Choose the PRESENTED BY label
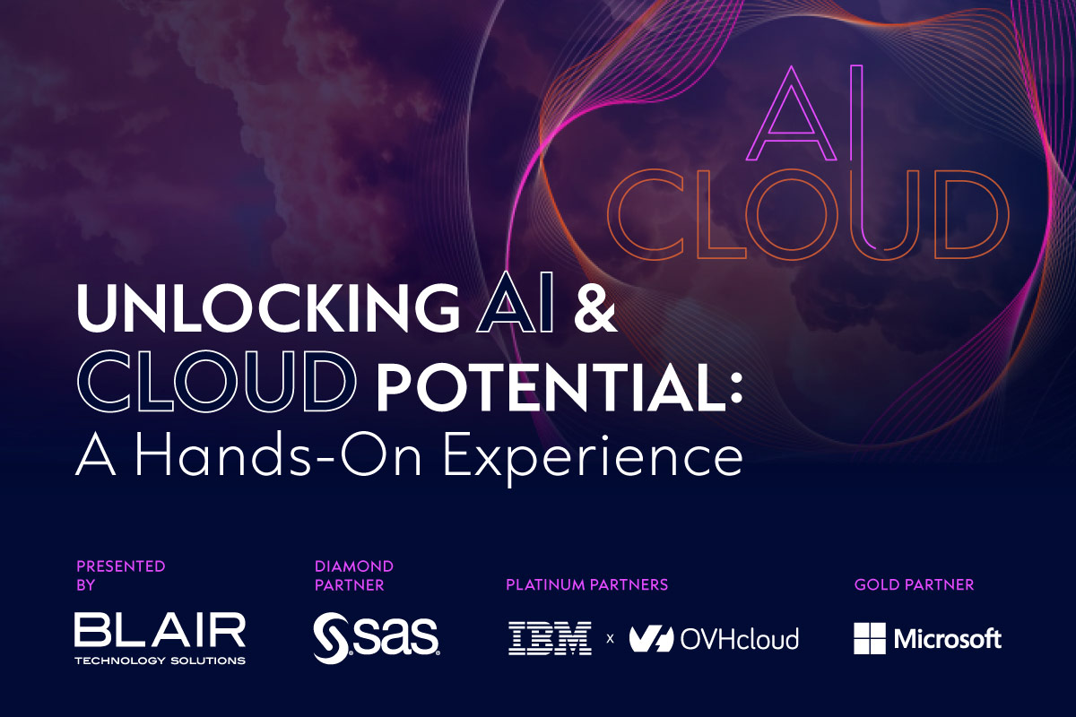tap(120, 575)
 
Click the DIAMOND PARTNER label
tap(353, 575)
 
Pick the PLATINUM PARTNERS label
tap(586, 585)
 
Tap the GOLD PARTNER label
tap(914, 585)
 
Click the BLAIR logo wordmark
tap(160, 631)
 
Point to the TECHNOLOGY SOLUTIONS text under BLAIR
tap(160, 661)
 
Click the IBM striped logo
tap(550, 639)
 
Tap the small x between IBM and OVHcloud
tap(610, 640)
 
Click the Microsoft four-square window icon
tap(870, 639)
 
